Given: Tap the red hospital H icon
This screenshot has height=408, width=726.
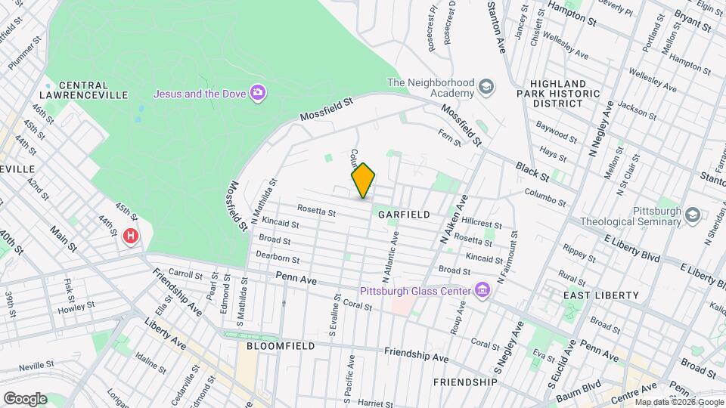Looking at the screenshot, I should click(x=131, y=236).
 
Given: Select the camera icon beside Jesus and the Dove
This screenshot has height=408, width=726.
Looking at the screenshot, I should click(x=258, y=94).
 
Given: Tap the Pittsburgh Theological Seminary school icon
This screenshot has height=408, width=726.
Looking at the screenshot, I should click(x=691, y=216).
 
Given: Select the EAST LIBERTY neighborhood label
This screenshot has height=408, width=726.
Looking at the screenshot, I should click(x=592, y=295).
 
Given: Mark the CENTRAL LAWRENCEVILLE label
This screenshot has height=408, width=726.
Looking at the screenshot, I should click(x=82, y=89).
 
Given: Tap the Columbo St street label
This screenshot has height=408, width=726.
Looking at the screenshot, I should click(x=545, y=197).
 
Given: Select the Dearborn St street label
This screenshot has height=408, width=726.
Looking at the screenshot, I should click(x=275, y=256).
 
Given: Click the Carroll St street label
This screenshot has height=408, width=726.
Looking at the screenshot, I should click(x=185, y=273).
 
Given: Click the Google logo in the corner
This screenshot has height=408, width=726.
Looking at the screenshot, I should click(x=25, y=398).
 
